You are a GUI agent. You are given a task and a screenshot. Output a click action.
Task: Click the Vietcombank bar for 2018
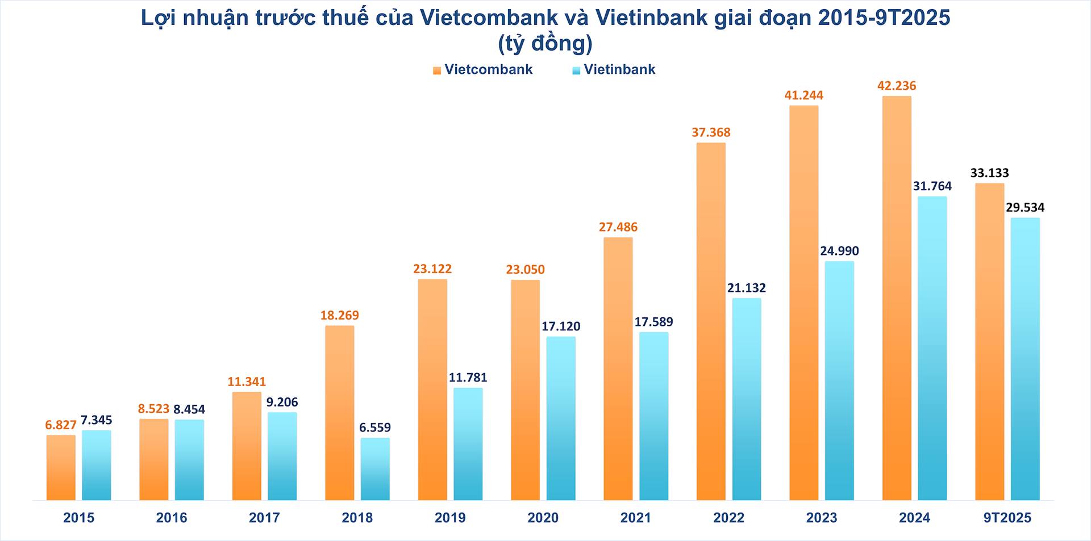[x=339, y=413]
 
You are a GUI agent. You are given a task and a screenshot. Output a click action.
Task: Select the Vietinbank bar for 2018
[x=375, y=468]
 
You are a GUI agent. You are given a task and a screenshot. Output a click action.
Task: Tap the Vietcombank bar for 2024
[x=897, y=298]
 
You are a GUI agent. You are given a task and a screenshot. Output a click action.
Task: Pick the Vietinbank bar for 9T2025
[x=1025, y=359]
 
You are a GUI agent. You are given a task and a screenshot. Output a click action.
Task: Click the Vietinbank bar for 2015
[x=96, y=465]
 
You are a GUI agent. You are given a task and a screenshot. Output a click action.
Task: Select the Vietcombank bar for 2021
[x=618, y=368]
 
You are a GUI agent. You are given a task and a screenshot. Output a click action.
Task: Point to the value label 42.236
[x=897, y=86]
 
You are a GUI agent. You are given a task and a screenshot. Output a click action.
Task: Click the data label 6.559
[x=375, y=427]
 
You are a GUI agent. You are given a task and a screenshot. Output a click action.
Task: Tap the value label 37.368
[x=711, y=132]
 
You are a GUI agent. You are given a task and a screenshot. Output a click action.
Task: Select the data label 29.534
[x=1025, y=207]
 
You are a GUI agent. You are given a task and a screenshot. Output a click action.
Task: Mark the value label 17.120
[x=561, y=326]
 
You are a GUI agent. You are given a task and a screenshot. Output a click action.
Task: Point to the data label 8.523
[x=153, y=409]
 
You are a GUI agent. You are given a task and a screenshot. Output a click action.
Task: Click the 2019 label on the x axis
[x=450, y=518]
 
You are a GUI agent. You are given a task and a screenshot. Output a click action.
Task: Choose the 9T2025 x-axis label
[x=1007, y=518]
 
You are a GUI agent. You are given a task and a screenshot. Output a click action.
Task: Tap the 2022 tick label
[x=728, y=518]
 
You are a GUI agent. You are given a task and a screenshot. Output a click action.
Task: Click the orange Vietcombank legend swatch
[x=437, y=70]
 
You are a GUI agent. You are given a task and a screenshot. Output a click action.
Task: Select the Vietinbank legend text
[x=619, y=69]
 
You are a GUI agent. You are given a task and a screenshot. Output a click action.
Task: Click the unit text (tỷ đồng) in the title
[x=545, y=44]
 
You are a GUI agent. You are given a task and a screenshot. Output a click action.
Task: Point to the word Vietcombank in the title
[x=489, y=18]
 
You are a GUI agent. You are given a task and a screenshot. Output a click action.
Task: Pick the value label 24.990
[x=839, y=251]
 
